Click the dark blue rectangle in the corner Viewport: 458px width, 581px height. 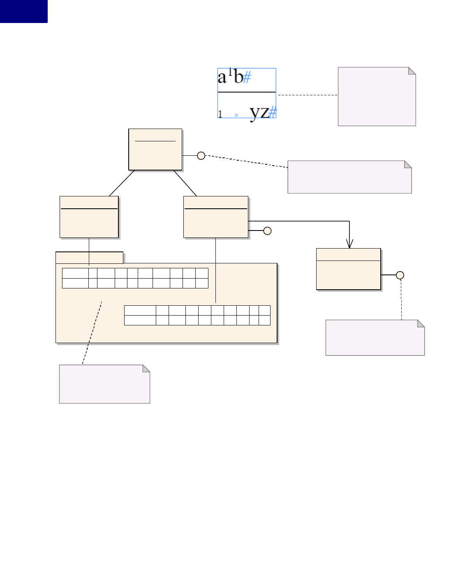click(x=23, y=11)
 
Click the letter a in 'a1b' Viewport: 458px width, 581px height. click(x=222, y=77)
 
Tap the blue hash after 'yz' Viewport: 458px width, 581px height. click(x=273, y=112)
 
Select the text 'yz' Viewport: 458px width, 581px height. click(x=259, y=112)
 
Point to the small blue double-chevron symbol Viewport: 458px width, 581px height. click(x=236, y=115)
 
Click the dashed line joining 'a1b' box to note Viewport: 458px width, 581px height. click(x=308, y=95)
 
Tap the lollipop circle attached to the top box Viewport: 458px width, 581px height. click(x=201, y=156)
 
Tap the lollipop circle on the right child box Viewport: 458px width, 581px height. click(x=267, y=231)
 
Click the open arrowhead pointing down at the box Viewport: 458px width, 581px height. click(x=349, y=244)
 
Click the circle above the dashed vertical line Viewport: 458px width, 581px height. click(x=400, y=275)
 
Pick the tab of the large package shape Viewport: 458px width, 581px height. click(x=89, y=258)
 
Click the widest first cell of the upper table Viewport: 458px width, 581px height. click(x=75, y=273)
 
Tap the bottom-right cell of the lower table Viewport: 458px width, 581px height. click(x=264, y=320)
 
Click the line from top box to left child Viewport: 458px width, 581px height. click(x=122, y=183)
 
